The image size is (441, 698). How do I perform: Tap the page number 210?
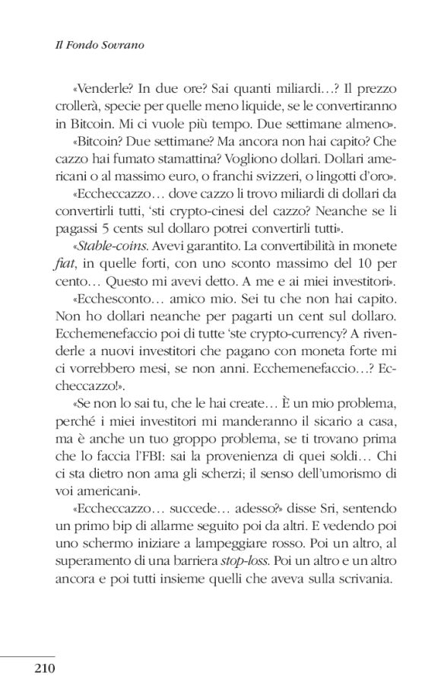46,669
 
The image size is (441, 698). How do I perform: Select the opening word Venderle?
78,86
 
